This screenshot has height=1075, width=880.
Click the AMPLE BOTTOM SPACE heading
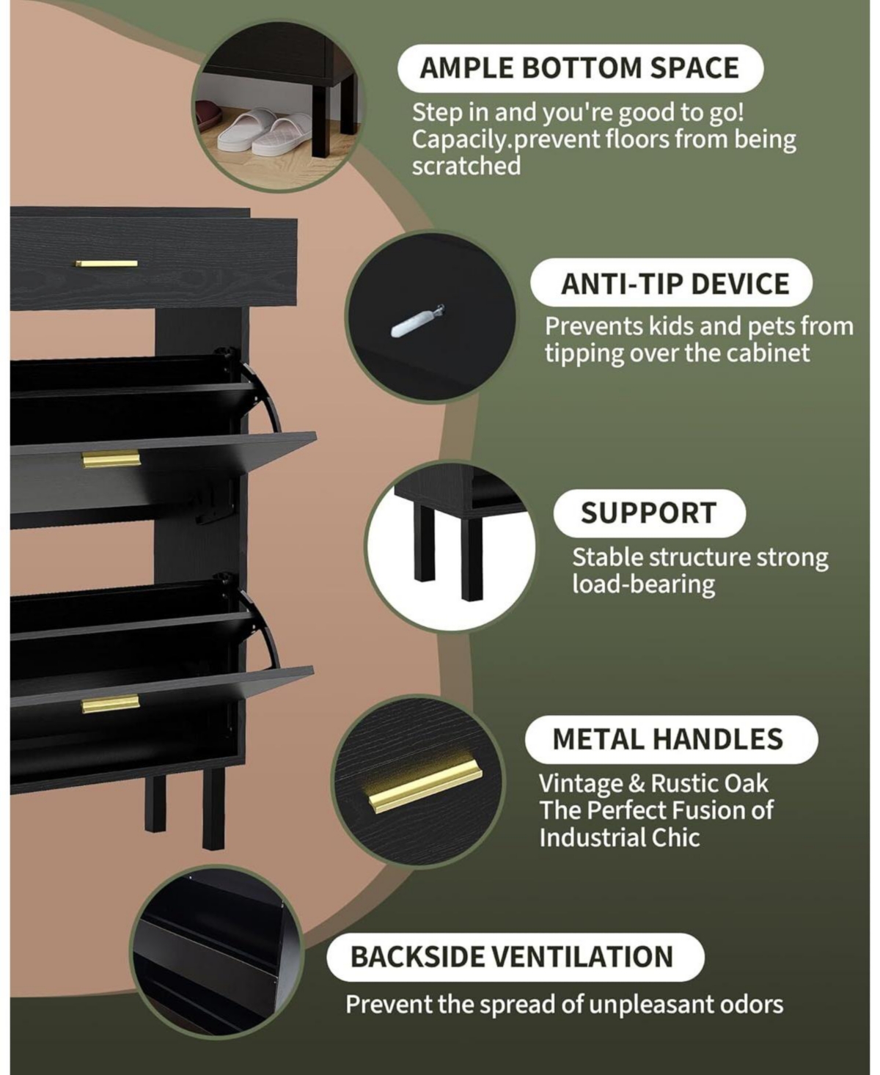point(579,67)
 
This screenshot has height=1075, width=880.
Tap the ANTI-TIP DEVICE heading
point(675,283)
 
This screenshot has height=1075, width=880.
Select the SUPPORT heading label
point(648,513)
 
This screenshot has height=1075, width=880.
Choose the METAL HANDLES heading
point(667,739)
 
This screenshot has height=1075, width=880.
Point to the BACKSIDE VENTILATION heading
point(512,957)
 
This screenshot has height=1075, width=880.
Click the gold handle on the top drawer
point(106,263)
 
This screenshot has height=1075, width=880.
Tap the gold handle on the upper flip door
point(111,459)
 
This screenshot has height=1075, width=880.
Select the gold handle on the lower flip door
point(110,704)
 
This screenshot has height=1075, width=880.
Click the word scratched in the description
point(466,166)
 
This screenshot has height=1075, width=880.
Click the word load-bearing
point(643,584)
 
